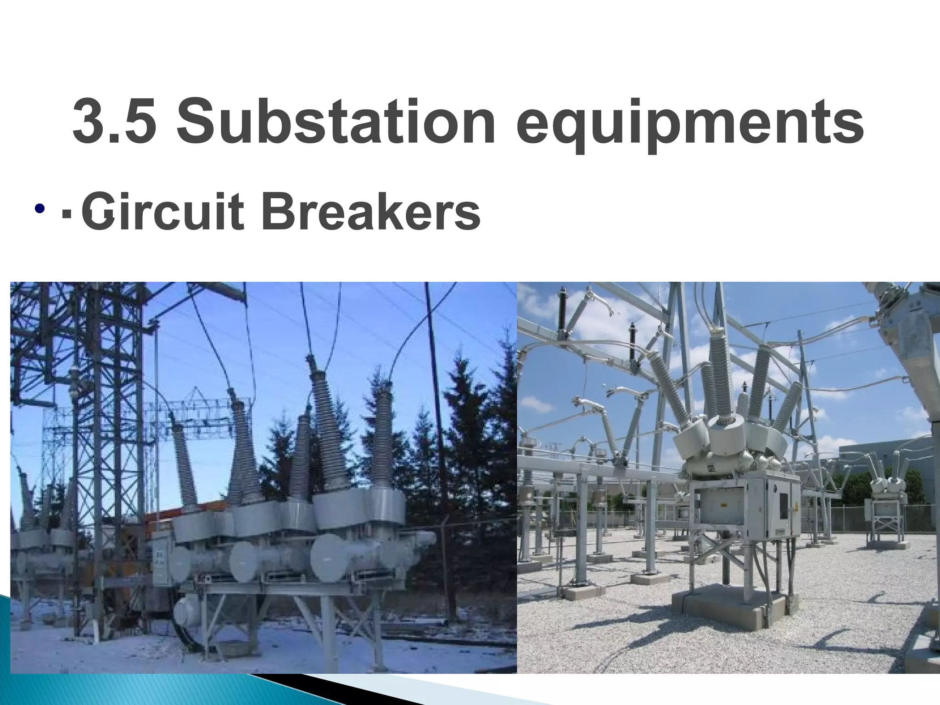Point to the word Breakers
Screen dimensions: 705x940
(x=372, y=213)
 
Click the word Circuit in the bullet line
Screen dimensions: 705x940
(x=162, y=213)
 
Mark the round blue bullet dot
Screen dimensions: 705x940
(x=39, y=210)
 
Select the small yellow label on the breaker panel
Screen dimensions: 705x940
(x=724, y=505)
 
